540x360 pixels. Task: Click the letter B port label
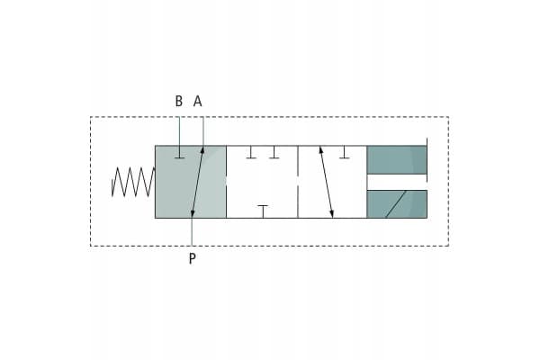tap(179, 102)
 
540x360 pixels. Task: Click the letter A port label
tap(197, 102)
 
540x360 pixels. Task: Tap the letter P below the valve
tap(193, 258)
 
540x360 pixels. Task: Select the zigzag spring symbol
tap(133, 182)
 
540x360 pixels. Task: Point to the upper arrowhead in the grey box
tap(202, 150)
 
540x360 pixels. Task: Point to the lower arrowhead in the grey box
tap(193, 214)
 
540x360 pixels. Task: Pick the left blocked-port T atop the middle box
tap(251, 152)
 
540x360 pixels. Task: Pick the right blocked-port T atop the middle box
tap(274, 152)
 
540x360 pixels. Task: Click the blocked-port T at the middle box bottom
tap(263, 211)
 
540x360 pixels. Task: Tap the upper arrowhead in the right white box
tap(321, 150)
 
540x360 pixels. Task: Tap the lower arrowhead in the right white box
tap(331, 214)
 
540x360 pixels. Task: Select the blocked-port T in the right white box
tap(345, 152)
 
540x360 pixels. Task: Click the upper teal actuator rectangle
tap(397, 160)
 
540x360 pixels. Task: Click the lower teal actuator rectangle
tap(397, 204)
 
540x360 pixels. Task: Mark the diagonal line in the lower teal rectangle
tap(396, 204)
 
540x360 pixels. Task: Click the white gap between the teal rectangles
tap(397, 182)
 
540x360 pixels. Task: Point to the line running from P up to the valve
tap(193, 231)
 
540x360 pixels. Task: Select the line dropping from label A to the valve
tap(202, 131)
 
